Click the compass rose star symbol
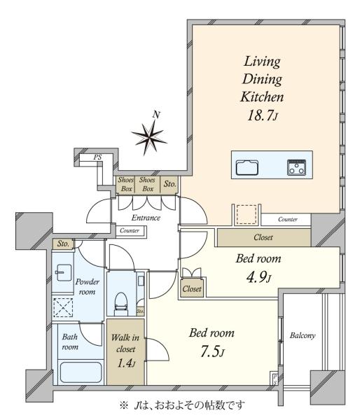click(x=148, y=138)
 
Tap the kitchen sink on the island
click(x=247, y=168)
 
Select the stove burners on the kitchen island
click(x=296, y=167)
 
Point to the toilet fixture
click(x=120, y=304)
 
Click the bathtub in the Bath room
click(x=81, y=372)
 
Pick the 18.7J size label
click(x=263, y=115)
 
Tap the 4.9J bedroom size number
click(x=258, y=277)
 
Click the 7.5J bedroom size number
click(x=212, y=351)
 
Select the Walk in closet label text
click(x=125, y=343)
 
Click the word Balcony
click(x=303, y=335)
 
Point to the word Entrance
click(x=146, y=218)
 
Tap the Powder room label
click(x=88, y=286)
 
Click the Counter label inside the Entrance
click(x=130, y=230)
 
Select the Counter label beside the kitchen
click(x=288, y=219)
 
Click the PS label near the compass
click(x=97, y=157)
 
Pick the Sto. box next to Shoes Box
click(x=169, y=184)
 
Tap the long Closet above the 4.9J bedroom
click(x=264, y=237)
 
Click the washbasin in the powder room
click(x=63, y=273)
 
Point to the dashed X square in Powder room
click(x=63, y=308)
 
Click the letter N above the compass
click(x=156, y=115)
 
